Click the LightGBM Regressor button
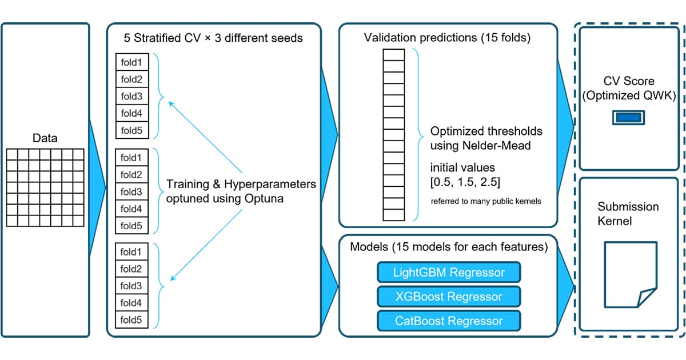tap(449, 272)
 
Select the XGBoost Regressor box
tap(449, 297)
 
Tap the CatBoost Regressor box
tap(449, 321)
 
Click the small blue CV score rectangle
tap(628, 118)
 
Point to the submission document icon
tap(630, 274)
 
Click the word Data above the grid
tap(45, 138)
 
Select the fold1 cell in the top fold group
tap(132, 62)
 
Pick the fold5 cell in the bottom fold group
tap(131, 320)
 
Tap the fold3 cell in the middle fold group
tap(131, 192)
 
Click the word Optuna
tap(264, 199)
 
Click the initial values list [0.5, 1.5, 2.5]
tap(465, 182)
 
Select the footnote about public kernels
tap(486, 201)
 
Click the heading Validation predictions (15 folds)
tap(447, 38)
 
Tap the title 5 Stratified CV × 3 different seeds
tap(213, 38)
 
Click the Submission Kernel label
tap(628, 214)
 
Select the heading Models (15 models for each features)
tap(449, 247)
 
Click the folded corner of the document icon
tap(646, 297)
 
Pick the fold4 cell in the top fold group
tap(132, 113)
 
